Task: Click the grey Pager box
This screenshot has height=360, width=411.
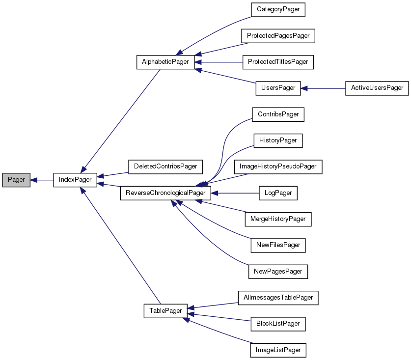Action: tap(16, 180)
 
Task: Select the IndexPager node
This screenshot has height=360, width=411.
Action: tap(75, 180)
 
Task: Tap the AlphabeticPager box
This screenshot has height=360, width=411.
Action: tap(165, 62)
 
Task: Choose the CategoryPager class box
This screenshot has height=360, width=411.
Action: tap(278, 10)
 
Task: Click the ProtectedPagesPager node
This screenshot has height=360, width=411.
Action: tap(278, 36)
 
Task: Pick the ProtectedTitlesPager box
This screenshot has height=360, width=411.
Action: tap(278, 62)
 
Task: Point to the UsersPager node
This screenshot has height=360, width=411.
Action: tap(278, 88)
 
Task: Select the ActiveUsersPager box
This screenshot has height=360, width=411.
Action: tap(377, 88)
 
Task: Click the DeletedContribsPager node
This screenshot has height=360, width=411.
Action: tap(165, 166)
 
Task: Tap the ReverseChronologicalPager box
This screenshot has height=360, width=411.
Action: tap(165, 193)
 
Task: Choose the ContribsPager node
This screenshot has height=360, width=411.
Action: tap(278, 114)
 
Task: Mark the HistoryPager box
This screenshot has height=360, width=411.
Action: tap(278, 140)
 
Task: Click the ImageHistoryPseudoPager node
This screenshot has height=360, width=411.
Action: tap(278, 166)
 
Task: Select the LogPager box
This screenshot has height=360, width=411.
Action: tap(278, 193)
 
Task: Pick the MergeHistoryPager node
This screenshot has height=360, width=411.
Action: tap(278, 219)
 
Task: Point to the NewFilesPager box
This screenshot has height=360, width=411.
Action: tap(278, 245)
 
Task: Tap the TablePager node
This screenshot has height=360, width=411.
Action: tap(165, 311)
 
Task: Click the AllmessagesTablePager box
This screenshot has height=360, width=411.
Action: tap(278, 298)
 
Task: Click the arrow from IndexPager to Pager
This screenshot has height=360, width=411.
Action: tap(42, 180)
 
